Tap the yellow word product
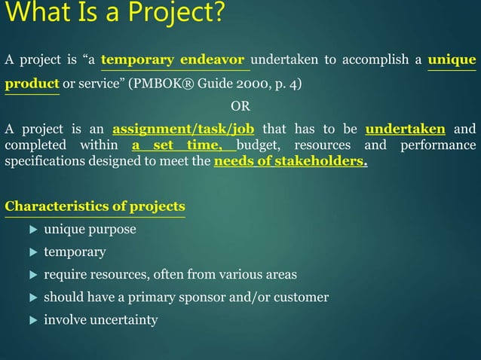pos(32,83)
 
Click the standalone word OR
pos(240,105)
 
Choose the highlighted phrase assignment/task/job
pos(183,128)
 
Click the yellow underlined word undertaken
pos(405,128)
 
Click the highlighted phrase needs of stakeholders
pos(290,160)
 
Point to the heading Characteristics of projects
pos(95,206)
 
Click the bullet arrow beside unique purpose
pos(32,229)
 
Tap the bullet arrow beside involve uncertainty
pos(32,320)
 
